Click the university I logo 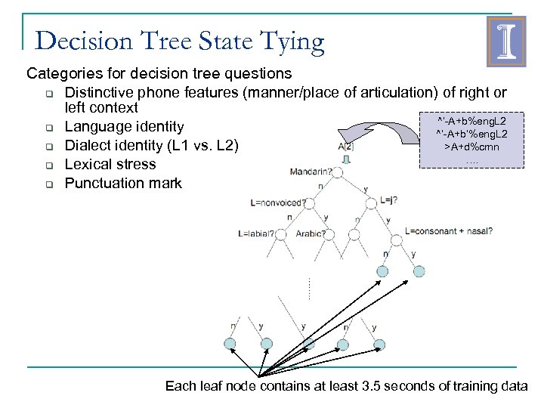click(502, 41)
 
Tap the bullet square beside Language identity click(47, 127)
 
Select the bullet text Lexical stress click(110, 164)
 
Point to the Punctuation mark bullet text click(123, 183)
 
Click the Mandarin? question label click(310, 172)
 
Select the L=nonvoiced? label click(278, 202)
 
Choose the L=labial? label click(255, 233)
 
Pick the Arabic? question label click(311, 233)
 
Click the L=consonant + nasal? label click(449, 230)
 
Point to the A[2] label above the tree click(345, 147)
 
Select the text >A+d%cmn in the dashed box click(471, 147)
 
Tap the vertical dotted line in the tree click(309, 288)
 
